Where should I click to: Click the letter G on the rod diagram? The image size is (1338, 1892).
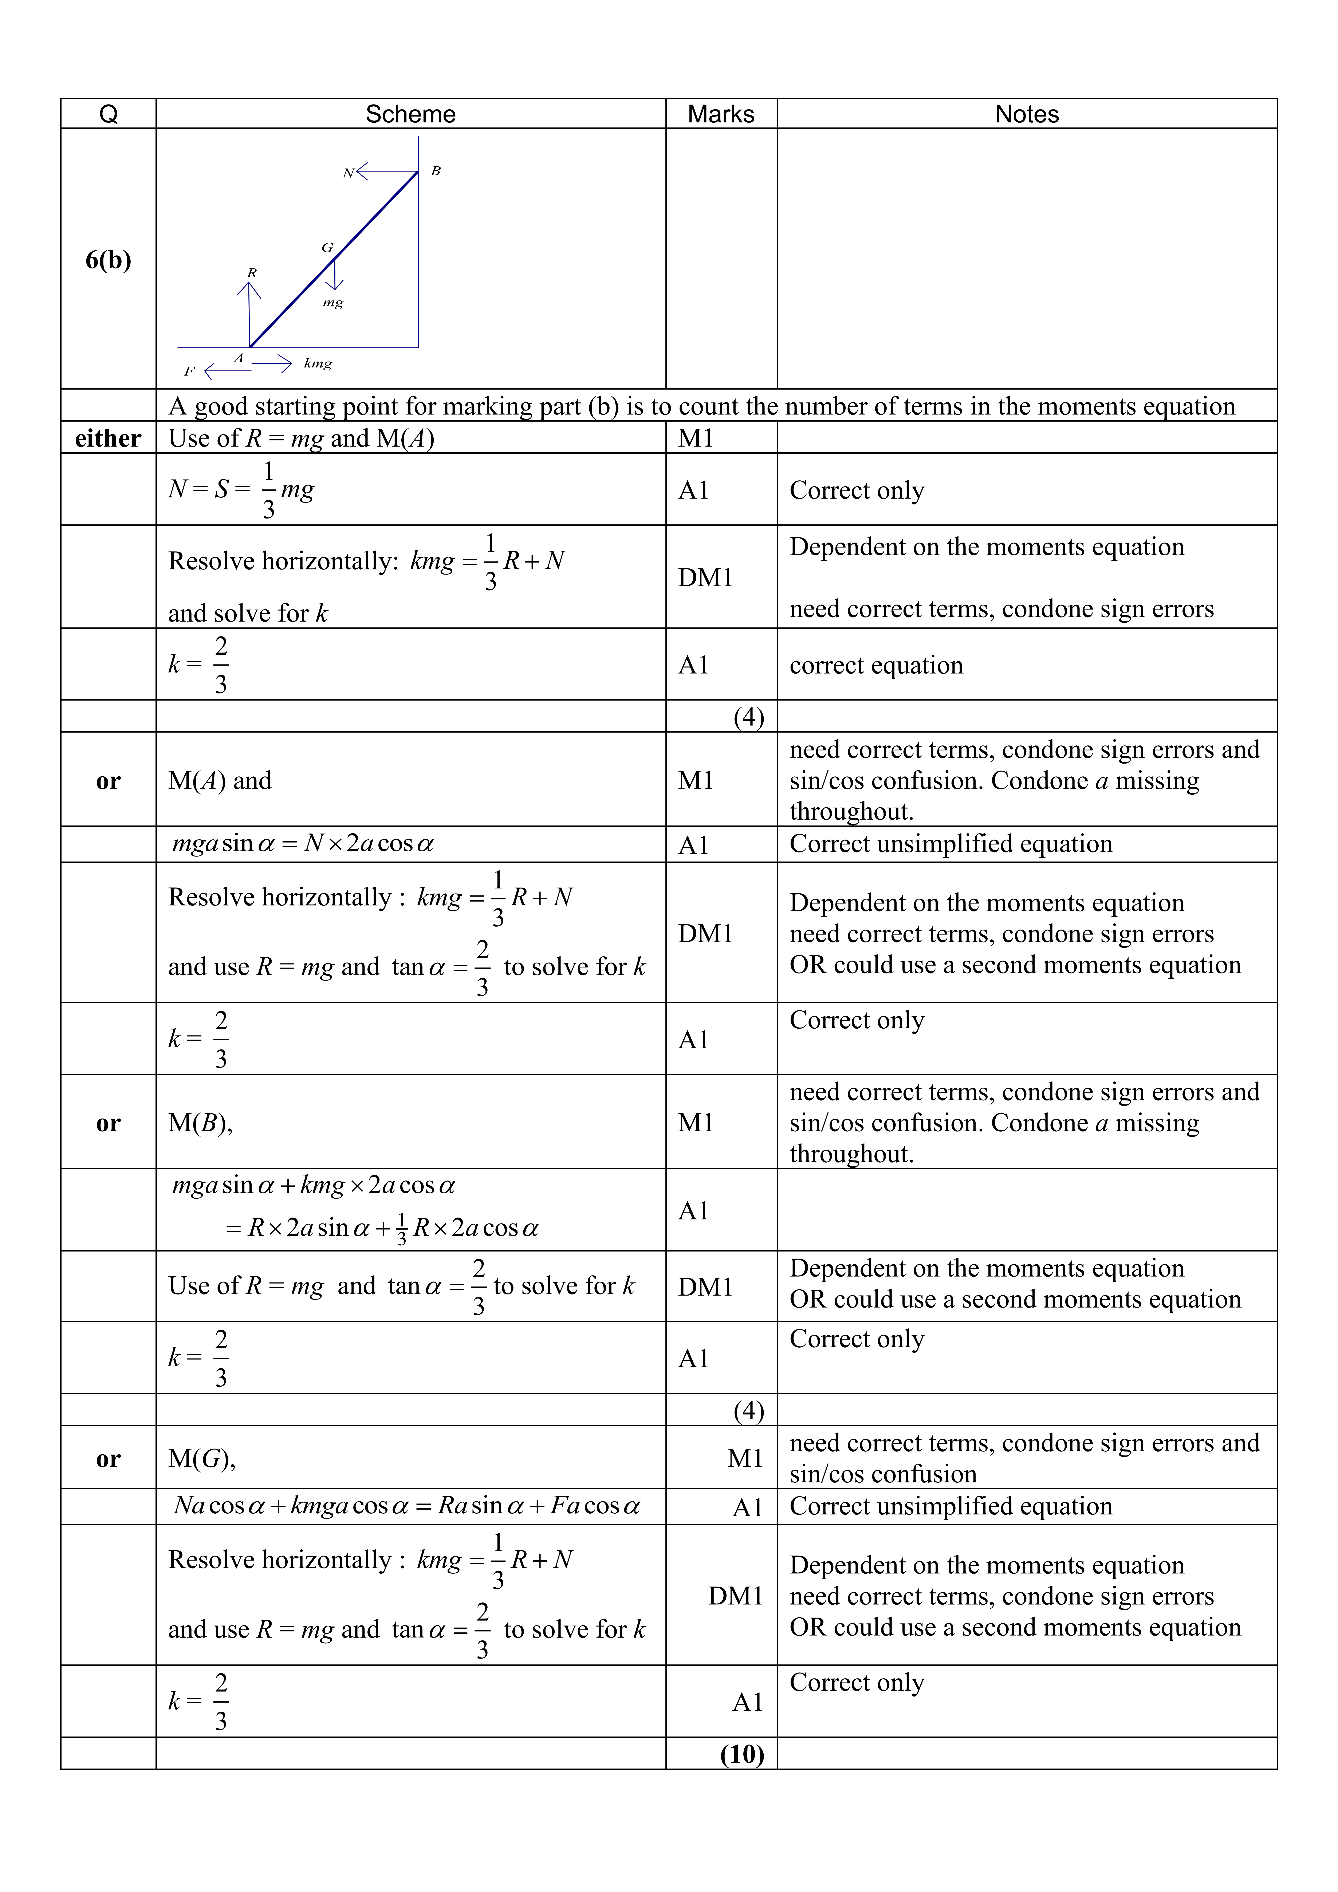(327, 247)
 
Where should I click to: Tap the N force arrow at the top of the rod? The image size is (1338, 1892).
(386, 172)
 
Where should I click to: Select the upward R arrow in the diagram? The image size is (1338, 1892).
(249, 313)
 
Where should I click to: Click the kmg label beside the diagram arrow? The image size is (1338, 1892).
(318, 363)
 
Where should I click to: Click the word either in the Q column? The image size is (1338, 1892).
(108, 438)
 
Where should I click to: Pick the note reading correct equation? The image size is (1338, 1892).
(876, 665)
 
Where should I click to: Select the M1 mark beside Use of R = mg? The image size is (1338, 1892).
(695, 438)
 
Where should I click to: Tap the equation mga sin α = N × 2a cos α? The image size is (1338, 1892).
(303, 844)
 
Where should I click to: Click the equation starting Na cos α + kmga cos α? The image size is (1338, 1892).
(407, 1506)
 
